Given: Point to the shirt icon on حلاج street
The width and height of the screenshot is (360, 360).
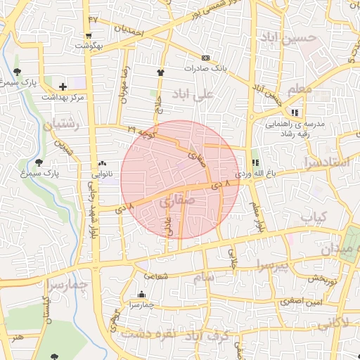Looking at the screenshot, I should (160, 72).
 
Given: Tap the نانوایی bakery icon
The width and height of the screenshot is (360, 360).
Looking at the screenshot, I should (103, 162).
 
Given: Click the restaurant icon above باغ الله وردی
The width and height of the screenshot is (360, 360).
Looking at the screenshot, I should (255, 162).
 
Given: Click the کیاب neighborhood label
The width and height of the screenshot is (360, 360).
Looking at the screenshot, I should (314, 217).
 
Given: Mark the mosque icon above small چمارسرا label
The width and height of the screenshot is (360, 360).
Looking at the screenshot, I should (142, 295).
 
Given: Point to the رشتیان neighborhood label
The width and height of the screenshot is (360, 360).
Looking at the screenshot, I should (62, 125).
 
